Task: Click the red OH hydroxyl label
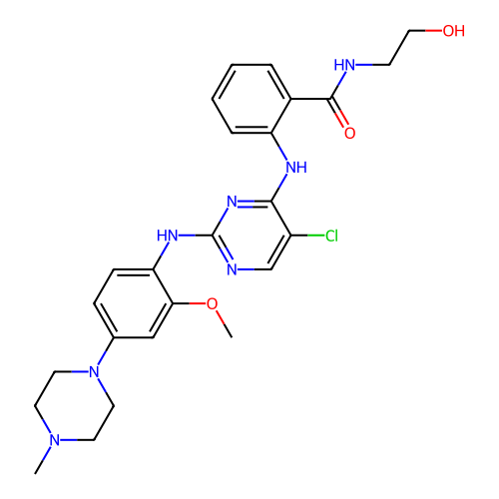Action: point(453,31)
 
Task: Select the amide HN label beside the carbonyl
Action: point(344,65)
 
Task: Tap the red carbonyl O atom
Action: point(349,133)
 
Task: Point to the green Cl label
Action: point(331,236)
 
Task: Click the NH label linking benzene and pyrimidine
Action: point(296,168)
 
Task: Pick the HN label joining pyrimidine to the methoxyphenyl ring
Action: point(168,236)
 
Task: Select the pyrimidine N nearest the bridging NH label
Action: point(233,202)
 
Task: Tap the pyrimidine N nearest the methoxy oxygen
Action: point(233,269)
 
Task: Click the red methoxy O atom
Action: point(212,303)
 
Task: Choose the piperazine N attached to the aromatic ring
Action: point(95,372)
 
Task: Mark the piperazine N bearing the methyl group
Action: point(55,440)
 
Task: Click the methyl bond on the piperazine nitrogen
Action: point(43,460)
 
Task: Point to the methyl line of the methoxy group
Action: point(225,324)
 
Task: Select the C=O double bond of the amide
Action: point(338,113)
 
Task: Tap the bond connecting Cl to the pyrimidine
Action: point(307,236)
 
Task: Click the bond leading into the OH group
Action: point(426,31)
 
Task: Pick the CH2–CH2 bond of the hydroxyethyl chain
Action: point(399,48)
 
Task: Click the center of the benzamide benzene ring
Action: point(251,99)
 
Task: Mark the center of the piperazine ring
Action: point(75,406)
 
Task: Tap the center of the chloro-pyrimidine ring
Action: point(251,236)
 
